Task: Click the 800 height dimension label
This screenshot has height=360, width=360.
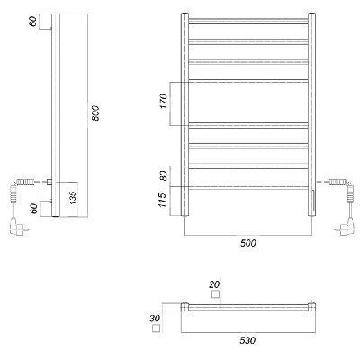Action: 95,112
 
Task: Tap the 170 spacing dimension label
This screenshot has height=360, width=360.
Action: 164,101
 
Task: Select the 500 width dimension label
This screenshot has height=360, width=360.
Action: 248,243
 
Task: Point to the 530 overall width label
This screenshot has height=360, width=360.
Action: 247,340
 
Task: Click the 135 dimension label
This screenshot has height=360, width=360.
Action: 73,198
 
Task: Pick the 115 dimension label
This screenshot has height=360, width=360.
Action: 162,200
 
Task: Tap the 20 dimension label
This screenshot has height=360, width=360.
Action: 215,283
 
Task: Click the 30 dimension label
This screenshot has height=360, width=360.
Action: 155,319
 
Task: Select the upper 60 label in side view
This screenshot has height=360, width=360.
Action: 33,22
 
